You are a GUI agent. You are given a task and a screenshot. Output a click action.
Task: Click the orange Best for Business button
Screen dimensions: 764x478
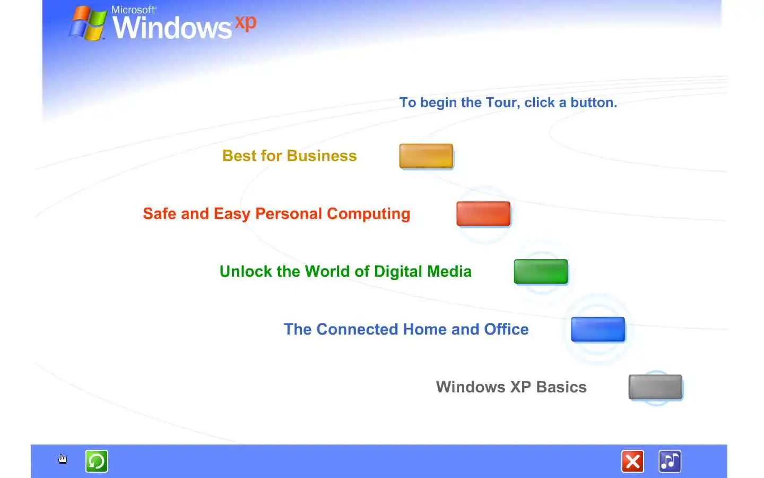tap(426, 156)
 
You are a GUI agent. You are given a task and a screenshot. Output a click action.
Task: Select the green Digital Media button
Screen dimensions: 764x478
tap(541, 271)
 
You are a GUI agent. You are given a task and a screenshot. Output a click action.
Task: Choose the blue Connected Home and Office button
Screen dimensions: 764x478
tap(598, 329)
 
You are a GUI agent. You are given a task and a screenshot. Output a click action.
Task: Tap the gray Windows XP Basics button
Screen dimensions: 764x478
tap(655, 387)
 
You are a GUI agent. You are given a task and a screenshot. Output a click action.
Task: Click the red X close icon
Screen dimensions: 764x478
tap(632, 461)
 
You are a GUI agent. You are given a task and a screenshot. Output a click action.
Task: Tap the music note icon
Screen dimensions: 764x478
tap(670, 461)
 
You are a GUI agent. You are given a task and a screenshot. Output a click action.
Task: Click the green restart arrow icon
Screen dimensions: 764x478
tap(97, 461)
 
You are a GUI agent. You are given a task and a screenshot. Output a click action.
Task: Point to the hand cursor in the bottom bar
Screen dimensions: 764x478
tap(63, 459)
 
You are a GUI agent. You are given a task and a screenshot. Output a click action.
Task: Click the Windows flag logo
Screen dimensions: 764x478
tap(88, 23)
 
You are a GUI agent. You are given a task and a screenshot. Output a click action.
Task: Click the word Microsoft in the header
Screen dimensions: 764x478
tap(133, 10)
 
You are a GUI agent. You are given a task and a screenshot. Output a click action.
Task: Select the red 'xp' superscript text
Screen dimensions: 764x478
tap(246, 23)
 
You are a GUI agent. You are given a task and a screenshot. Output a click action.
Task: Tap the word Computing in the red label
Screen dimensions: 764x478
tap(368, 214)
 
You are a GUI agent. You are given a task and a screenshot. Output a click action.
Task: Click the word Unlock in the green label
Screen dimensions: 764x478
tap(246, 271)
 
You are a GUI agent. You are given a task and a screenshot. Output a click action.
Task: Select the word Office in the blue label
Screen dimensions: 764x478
tap(506, 329)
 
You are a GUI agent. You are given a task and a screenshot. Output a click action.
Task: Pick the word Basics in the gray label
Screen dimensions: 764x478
tap(561, 387)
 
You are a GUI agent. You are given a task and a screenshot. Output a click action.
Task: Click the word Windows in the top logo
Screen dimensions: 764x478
tap(172, 28)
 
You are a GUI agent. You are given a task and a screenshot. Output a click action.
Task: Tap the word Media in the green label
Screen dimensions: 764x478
tap(449, 271)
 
